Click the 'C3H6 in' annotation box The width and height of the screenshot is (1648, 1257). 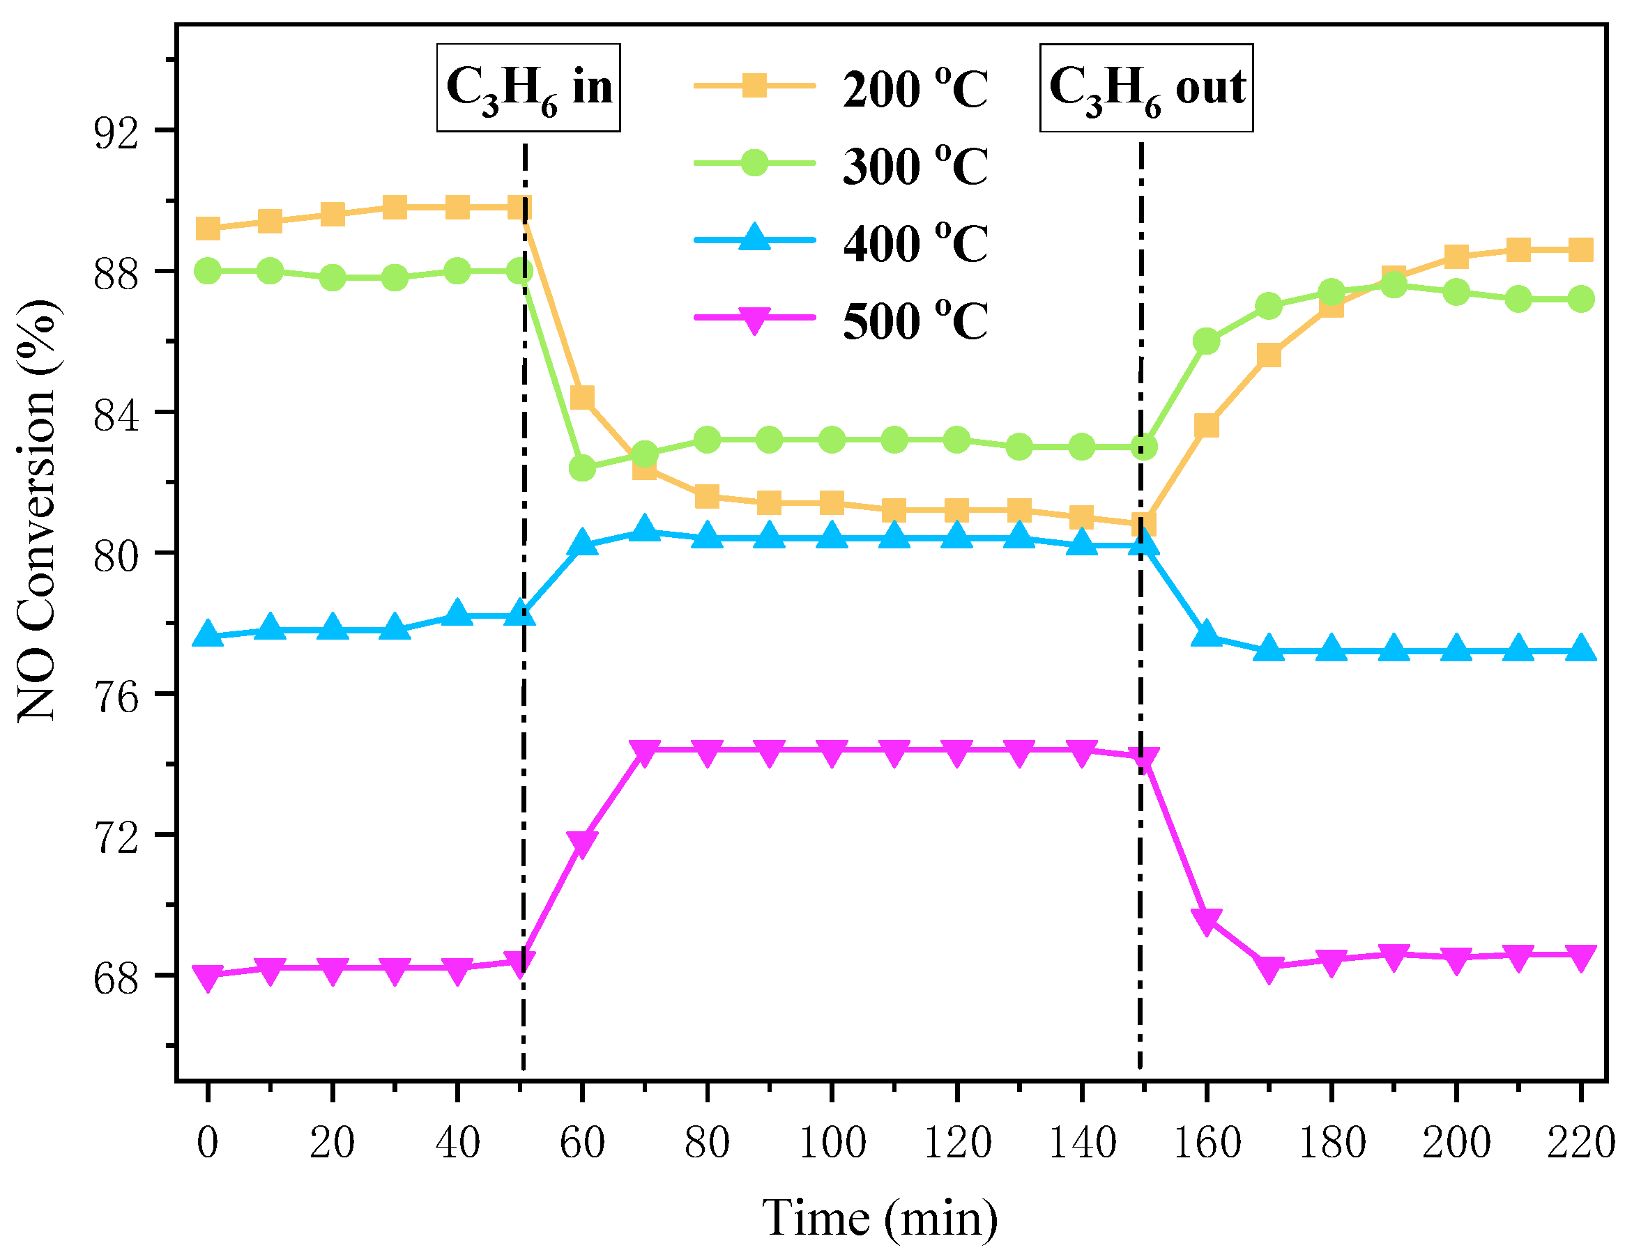528,88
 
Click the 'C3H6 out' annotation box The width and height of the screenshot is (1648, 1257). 1146,88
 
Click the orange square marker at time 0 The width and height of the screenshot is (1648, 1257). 208,229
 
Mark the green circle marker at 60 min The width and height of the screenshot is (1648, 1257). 582,468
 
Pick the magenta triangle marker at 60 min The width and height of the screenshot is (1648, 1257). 582,842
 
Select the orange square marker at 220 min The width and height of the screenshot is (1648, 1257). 1580,249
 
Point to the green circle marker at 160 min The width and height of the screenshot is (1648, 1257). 1207,342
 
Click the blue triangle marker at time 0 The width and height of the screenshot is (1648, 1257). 208,635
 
